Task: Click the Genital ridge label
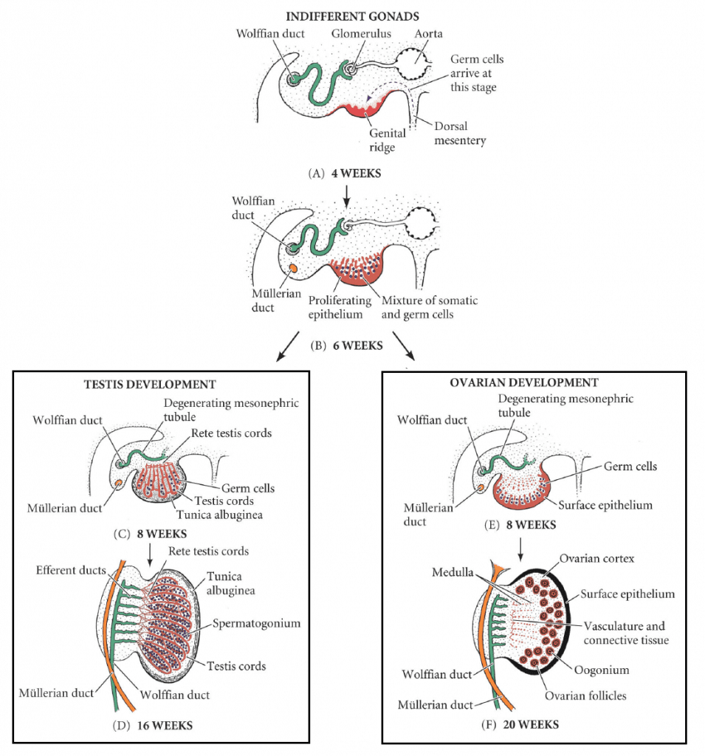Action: click(388, 140)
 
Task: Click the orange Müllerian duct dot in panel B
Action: click(293, 269)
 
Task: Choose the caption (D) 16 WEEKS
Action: click(152, 725)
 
